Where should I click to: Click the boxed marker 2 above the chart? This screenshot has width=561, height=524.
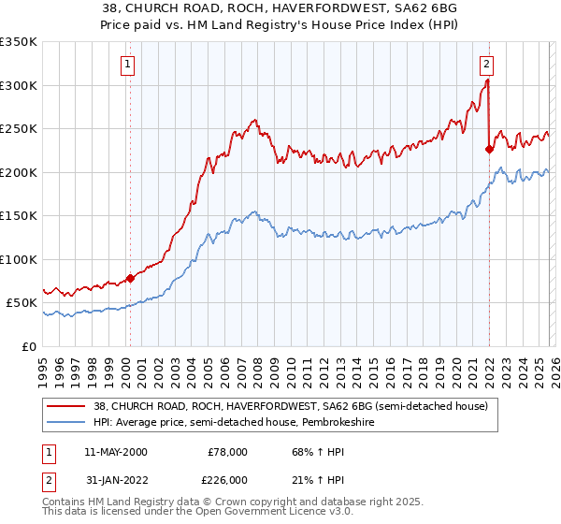point(487,65)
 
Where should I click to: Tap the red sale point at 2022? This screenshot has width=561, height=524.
point(489,148)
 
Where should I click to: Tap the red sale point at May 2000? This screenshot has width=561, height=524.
point(130,278)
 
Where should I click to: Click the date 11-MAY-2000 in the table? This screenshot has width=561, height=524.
point(115,452)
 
